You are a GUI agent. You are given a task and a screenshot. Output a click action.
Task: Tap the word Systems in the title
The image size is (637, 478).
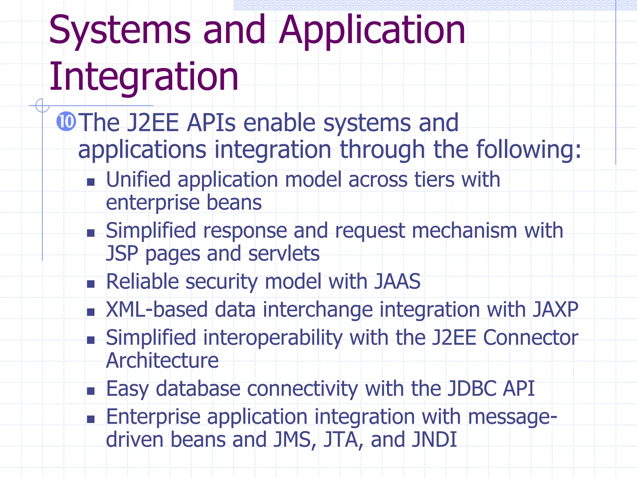[120, 30]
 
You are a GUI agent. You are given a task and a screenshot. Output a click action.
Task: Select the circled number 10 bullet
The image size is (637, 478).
[66, 122]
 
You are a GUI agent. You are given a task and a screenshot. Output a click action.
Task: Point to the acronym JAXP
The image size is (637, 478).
[556, 310]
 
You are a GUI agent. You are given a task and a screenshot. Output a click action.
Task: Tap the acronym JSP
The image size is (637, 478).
[122, 254]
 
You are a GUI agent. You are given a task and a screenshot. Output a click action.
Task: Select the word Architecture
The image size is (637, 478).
[162, 361]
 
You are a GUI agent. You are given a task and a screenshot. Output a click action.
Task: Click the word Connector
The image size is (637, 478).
[531, 338]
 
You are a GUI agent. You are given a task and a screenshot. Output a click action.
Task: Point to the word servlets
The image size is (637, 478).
[284, 254]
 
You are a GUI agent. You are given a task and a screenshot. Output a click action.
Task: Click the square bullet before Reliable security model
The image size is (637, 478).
[91, 284]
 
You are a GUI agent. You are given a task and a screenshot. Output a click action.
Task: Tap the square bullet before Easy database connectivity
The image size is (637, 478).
[91, 391]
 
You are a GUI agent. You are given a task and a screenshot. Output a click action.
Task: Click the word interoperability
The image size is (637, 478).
[272, 338]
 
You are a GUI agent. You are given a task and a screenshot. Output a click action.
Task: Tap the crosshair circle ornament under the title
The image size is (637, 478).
[42, 105]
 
